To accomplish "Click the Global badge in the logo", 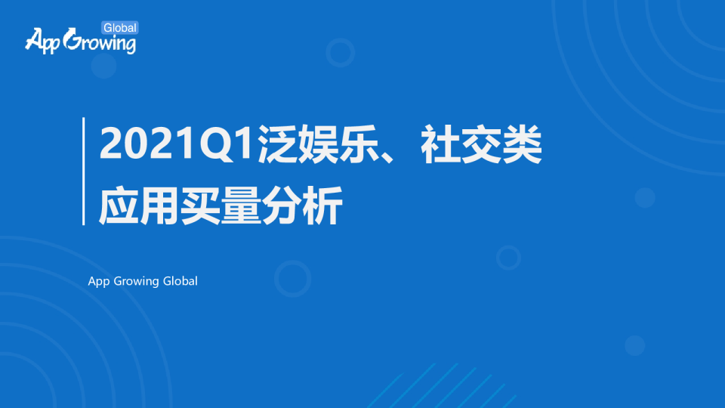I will [x=119, y=28].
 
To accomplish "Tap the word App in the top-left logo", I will [x=42, y=41].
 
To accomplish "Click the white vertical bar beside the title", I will [x=83, y=172].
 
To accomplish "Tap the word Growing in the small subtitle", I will [x=137, y=282].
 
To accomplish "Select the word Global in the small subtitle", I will [x=180, y=281].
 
